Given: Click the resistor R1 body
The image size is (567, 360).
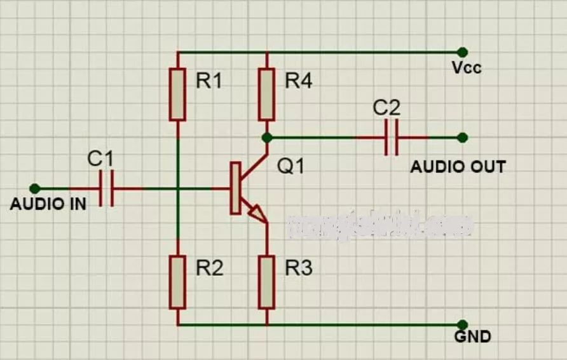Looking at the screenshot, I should [178, 94].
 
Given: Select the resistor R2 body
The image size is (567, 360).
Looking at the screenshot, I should [178, 282].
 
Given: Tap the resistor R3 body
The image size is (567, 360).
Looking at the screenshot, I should [267, 282].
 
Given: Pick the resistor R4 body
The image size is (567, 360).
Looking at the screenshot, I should [267, 94].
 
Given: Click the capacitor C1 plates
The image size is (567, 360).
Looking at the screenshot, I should [107, 188].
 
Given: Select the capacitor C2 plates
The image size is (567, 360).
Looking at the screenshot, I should [392, 137].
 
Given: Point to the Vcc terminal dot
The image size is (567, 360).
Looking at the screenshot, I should [462, 52].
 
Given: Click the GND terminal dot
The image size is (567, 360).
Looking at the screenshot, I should [462, 325].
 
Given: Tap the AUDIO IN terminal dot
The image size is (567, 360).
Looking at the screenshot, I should [35, 188].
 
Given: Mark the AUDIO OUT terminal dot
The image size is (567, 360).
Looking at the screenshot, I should [462, 137].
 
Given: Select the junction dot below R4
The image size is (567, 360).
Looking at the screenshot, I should [267, 137].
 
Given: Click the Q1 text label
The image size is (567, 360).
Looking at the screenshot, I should [291, 167].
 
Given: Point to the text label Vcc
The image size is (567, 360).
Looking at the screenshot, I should [466, 67].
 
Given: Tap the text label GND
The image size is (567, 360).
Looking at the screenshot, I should [472, 337].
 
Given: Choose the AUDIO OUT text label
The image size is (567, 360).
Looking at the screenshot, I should [458, 167].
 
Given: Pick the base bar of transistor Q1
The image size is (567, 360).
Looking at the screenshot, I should [235, 188].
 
